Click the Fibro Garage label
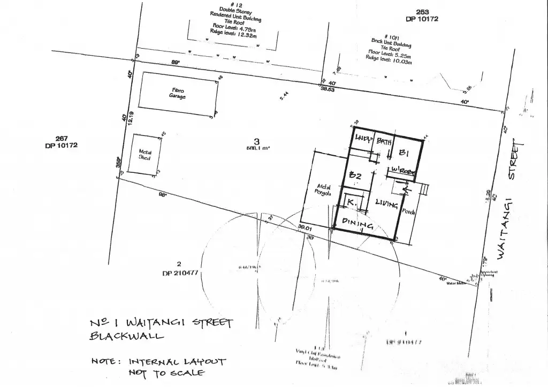pyautogui.click(x=177, y=93)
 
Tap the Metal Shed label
pyautogui.click(x=145, y=155)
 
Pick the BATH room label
pyautogui.click(x=384, y=142)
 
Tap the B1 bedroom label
pyautogui.click(x=405, y=153)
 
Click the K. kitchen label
pyautogui.click(x=352, y=203)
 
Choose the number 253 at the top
pyautogui.click(x=423, y=12)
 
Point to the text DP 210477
pyautogui.click(x=179, y=272)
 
